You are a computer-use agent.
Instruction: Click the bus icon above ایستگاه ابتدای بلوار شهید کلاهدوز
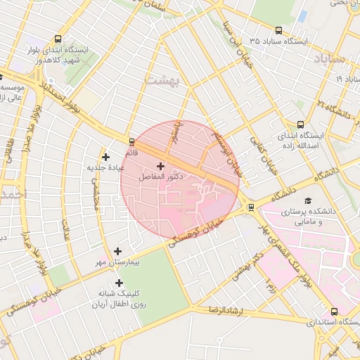point(58,39)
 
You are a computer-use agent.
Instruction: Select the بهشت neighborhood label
point(162,79)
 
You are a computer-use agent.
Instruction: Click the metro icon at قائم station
point(131,141)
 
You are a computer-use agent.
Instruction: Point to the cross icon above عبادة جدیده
point(105,157)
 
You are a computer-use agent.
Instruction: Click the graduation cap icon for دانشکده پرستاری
point(307,202)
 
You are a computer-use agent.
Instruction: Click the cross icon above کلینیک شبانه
point(119,283)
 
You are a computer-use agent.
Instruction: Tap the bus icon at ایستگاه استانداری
point(334,311)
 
